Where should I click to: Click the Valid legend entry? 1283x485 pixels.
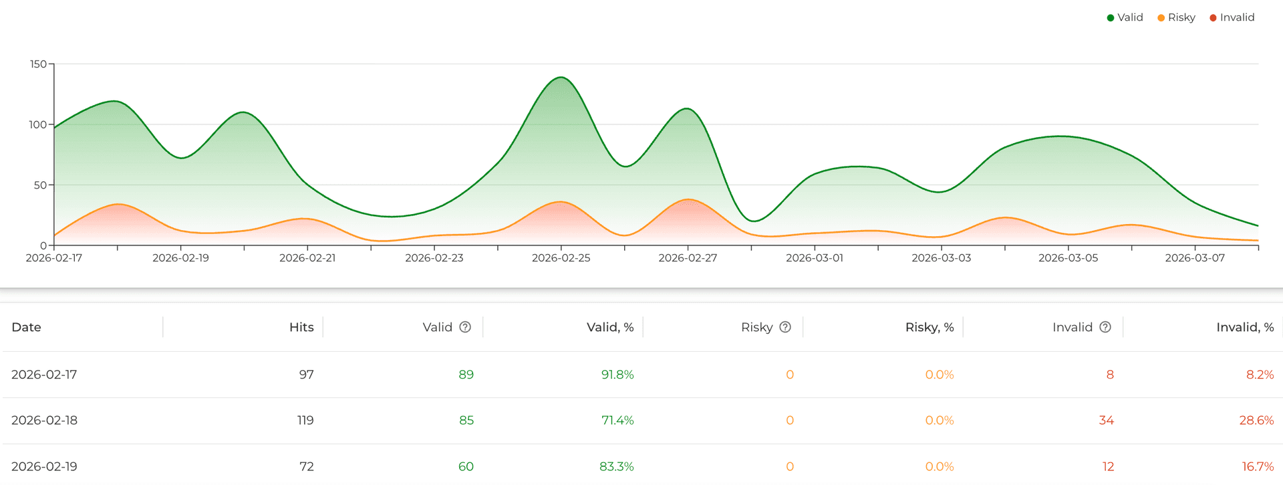pos(1125,17)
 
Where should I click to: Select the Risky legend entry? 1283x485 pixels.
pos(1176,17)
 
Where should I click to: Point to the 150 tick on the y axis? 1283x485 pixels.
pos(38,64)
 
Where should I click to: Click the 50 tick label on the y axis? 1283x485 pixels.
pos(40,185)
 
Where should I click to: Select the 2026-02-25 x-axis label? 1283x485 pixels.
pos(561,258)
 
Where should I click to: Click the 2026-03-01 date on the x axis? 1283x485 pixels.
pos(814,258)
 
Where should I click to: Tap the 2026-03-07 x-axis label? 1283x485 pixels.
pos(1195,258)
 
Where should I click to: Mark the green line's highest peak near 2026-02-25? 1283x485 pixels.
pos(561,78)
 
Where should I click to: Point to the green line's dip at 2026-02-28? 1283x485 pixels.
pos(753,221)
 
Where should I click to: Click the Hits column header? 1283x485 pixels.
pos(301,327)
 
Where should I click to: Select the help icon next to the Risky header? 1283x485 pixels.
pos(785,327)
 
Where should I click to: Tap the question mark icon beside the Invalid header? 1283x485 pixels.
pos(1105,327)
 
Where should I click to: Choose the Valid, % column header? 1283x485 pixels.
pos(609,327)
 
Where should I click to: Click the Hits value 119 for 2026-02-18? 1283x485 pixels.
pos(305,421)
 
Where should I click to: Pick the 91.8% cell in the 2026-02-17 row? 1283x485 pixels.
pos(617,375)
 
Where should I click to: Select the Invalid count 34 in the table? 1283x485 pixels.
pos(1106,421)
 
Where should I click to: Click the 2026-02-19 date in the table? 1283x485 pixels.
pos(44,466)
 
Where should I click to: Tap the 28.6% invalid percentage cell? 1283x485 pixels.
pos(1256,421)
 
